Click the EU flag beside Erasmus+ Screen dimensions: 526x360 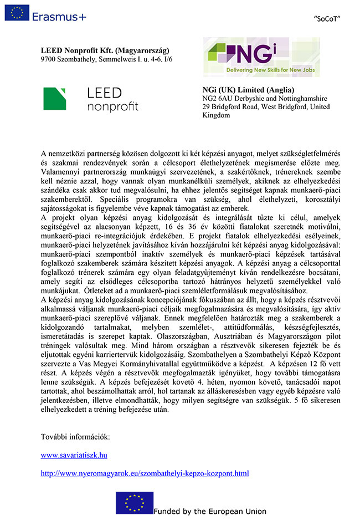pyautogui.click(x=17, y=13)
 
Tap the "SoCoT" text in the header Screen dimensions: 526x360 pyautogui.click(x=327, y=19)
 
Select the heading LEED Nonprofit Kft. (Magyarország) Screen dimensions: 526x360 pyautogui.click(x=105, y=50)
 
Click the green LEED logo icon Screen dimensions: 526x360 pyautogui.click(x=55, y=99)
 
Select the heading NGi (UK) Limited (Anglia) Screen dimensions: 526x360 pyautogui.click(x=249, y=90)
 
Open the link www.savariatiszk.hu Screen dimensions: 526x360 pyautogui.click(x=74, y=455)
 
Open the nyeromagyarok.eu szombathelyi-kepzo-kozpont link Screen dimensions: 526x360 pyautogui.click(x=145, y=473)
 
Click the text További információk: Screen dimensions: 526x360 pyautogui.click(x=75, y=437)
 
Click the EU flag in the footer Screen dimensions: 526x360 pyautogui.click(x=134, y=503)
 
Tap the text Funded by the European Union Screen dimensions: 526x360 pyautogui.click(x=210, y=512)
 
